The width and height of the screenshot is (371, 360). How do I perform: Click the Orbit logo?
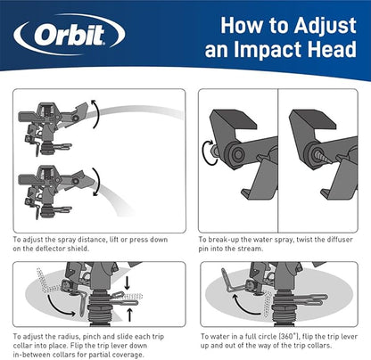(x=67, y=37)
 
